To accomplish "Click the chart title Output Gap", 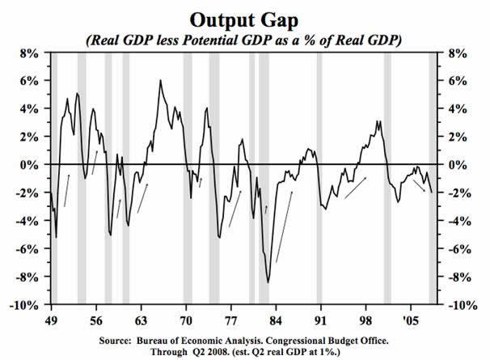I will click(244, 18).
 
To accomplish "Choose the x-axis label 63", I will click(139, 318).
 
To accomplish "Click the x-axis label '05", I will click(411, 318).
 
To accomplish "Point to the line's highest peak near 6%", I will click(160, 81).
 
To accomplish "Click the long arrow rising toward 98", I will click(355, 188).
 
